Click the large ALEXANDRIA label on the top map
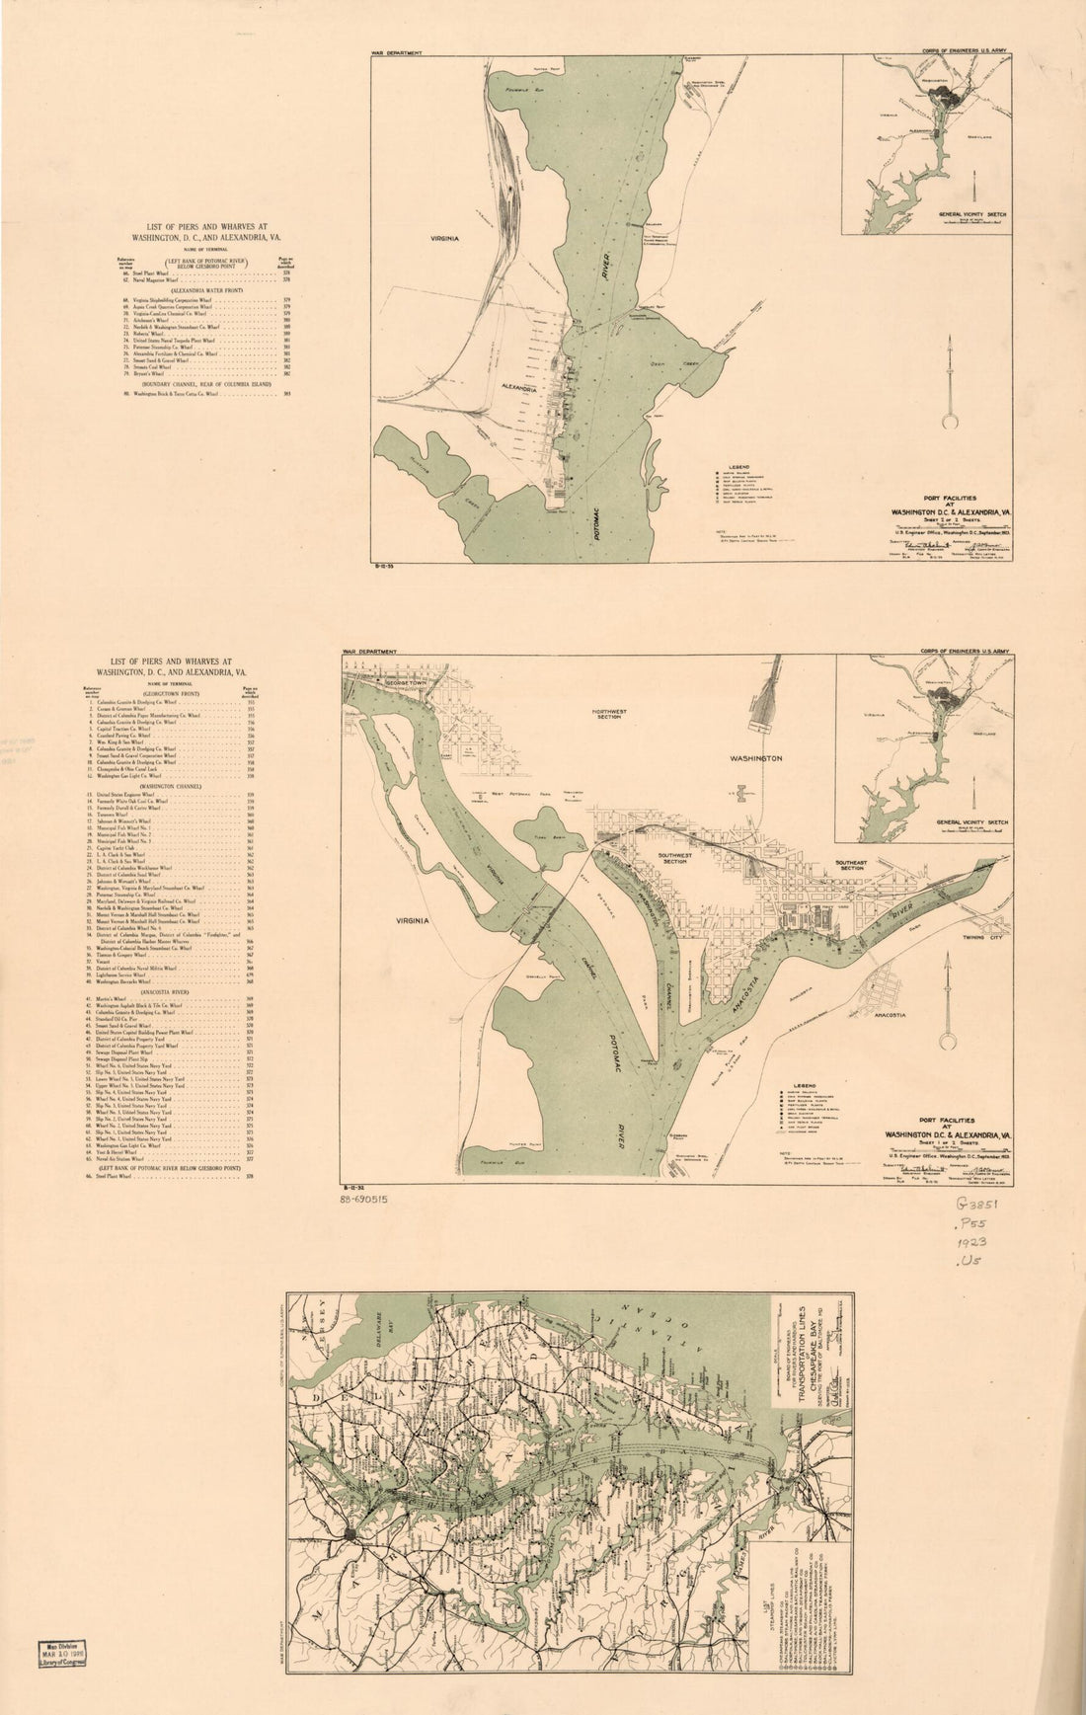(517, 389)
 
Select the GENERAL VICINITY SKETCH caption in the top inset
(973, 213)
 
